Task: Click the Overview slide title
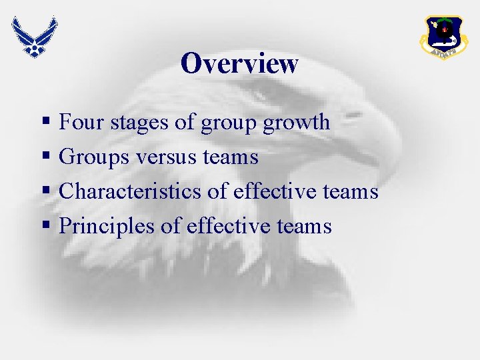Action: (x=239, y=64)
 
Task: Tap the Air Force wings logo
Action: (x=33, y=36)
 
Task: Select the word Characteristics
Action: (x=131, y=192)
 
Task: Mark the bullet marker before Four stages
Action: (x=45, y=123)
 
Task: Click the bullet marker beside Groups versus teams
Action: (x=45, y=157)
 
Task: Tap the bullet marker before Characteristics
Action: (x=45, y=192)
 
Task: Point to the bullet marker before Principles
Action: (x=45, y=227)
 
